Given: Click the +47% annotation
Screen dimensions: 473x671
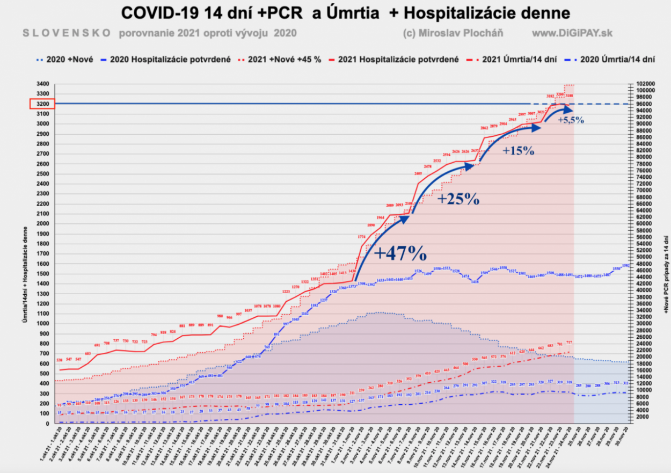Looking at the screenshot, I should [400, 253].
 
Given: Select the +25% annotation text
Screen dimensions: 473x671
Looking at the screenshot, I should [458, 199].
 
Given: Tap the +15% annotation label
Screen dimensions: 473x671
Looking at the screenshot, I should [518, 151].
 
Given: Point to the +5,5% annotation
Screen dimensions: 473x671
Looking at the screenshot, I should [571, 120].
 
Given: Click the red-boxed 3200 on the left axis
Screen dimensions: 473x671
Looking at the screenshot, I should [42, 104].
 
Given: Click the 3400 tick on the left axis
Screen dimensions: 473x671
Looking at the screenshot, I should [43, 84].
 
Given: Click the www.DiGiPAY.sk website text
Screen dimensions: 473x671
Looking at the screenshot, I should [572, 33].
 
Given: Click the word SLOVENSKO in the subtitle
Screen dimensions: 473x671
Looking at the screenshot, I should [67, 33].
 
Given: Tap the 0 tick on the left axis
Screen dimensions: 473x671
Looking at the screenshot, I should [47, 423].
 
